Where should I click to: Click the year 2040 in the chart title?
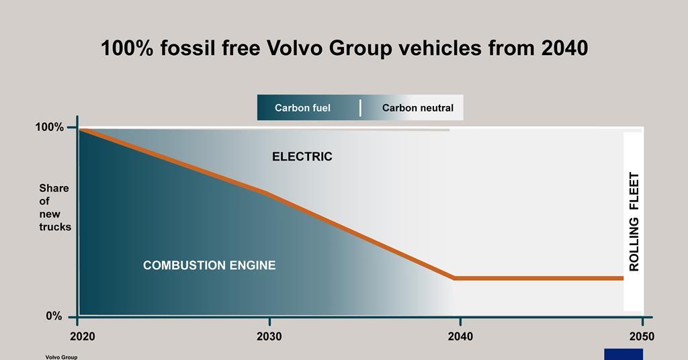click(563, 49)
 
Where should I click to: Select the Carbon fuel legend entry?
click(302, 107)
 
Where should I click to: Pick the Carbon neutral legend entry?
click(417, 107)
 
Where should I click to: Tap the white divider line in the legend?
click(360, 107)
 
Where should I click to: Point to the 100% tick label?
click(49, 127)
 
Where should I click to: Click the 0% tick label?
click(54, 316)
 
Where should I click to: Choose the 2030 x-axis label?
click(269, 336)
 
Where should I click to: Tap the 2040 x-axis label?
click(460, 336)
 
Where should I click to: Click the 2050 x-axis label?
click(642, 336)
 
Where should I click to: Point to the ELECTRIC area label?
click(302, 157)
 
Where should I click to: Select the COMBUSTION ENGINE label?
click(209, 265)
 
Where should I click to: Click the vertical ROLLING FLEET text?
click(634, 222)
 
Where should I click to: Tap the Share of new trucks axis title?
click(54, 208)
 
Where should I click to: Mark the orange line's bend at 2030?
click(269, 193)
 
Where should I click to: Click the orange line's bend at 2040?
click(456, 277)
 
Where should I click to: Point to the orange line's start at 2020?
click(81, 129)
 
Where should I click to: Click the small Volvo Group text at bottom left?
click(61, 357)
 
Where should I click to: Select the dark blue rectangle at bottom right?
click(623, 354)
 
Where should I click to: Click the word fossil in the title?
click(183, 49)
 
